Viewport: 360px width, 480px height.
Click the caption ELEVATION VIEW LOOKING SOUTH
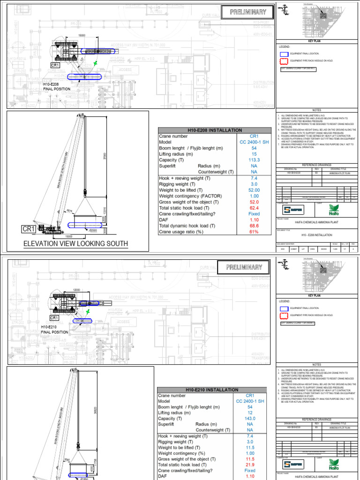point(76,243)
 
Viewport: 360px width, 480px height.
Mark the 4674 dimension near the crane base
point(69,211)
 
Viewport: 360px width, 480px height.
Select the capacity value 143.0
point(250,419)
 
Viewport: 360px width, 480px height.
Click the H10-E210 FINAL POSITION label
point(55,329)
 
